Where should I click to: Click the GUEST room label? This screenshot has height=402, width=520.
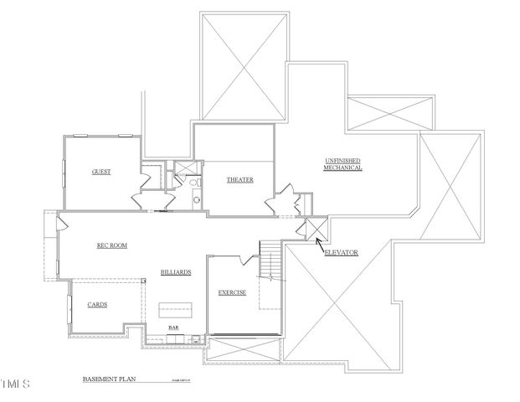101,172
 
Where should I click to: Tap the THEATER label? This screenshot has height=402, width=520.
239,180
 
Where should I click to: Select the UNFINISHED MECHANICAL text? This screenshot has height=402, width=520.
343,164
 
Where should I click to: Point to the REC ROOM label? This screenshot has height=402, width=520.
111,245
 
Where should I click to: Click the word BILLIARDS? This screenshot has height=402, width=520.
177,272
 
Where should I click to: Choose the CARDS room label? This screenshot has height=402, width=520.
97,305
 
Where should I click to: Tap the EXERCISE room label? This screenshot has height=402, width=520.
232,293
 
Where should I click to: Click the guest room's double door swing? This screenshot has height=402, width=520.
140,201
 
